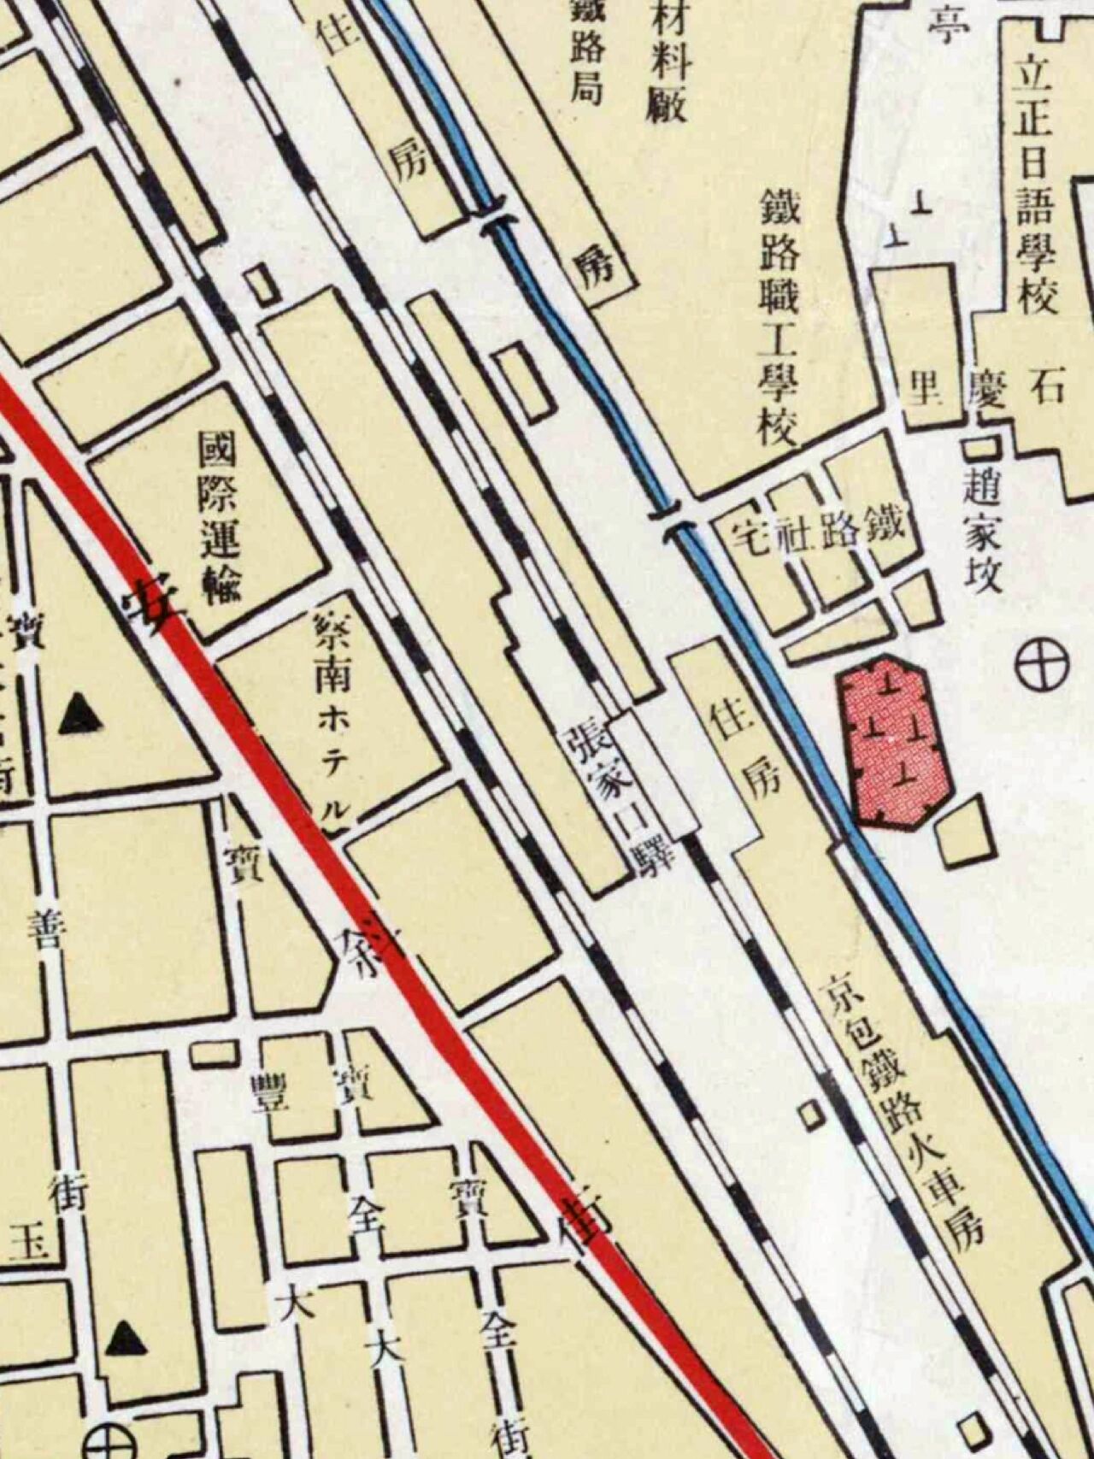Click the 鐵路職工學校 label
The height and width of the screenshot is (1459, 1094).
pyautogui.click(x=777, y=317)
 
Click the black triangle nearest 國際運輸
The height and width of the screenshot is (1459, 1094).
pyautogui.click(x=81, y=715)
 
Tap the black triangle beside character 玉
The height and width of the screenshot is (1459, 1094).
pyautogui.click(x=126, y=1338)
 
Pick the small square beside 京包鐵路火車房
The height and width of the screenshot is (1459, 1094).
pyautogui.click(x=809, y=1115)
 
